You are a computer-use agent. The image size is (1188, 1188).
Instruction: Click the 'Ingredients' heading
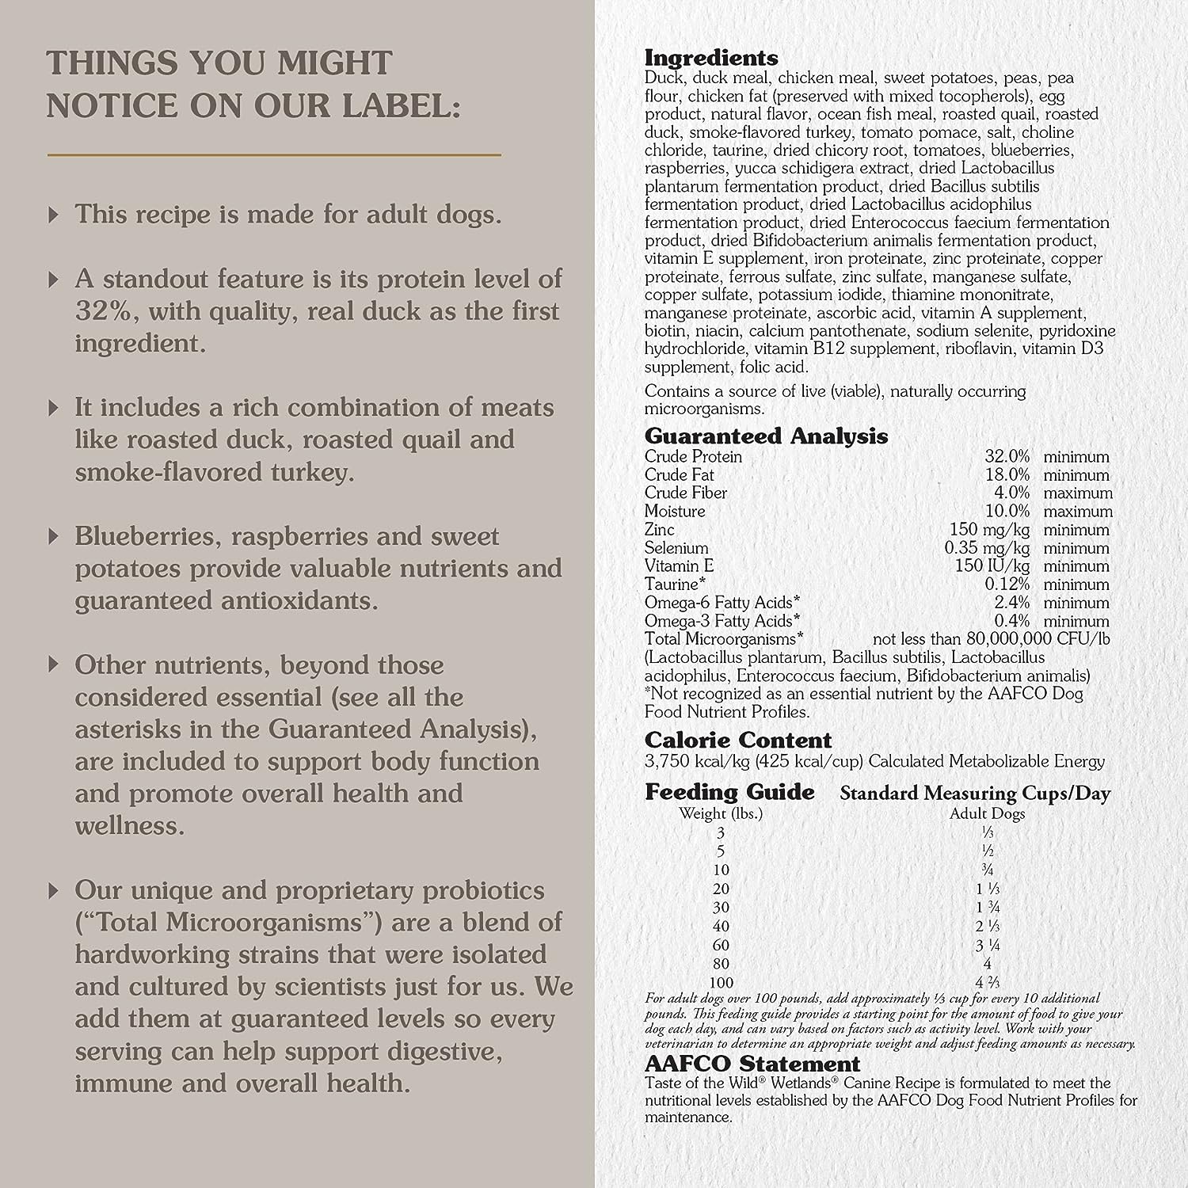(710, 58)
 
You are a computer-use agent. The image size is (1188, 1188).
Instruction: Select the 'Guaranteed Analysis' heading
(766, 436)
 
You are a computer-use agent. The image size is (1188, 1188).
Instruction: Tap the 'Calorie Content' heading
(737, 741)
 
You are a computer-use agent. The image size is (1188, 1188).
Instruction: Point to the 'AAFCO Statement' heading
(752, 1064)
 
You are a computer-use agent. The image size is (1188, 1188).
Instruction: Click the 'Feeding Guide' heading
(729, 792)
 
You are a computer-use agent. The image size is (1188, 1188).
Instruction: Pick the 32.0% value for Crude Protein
(1007, 457)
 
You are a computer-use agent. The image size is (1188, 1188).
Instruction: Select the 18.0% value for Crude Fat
(1007, 475)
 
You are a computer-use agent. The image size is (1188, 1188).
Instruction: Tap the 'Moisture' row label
(674, 512)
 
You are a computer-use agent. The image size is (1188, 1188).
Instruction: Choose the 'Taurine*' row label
(675, 584)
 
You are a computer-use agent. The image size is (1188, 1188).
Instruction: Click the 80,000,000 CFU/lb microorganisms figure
(1033, 639)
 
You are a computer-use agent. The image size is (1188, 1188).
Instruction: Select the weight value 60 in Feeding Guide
(721, 945)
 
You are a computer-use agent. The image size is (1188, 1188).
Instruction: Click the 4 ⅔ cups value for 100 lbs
(984, 983)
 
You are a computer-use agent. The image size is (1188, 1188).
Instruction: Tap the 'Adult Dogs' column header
(987, 813)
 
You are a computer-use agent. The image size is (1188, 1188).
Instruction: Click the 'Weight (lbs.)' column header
(721, 813)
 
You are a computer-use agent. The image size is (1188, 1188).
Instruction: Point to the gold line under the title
(274, 155)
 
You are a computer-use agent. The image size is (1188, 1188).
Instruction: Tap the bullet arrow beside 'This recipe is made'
(54, 215)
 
